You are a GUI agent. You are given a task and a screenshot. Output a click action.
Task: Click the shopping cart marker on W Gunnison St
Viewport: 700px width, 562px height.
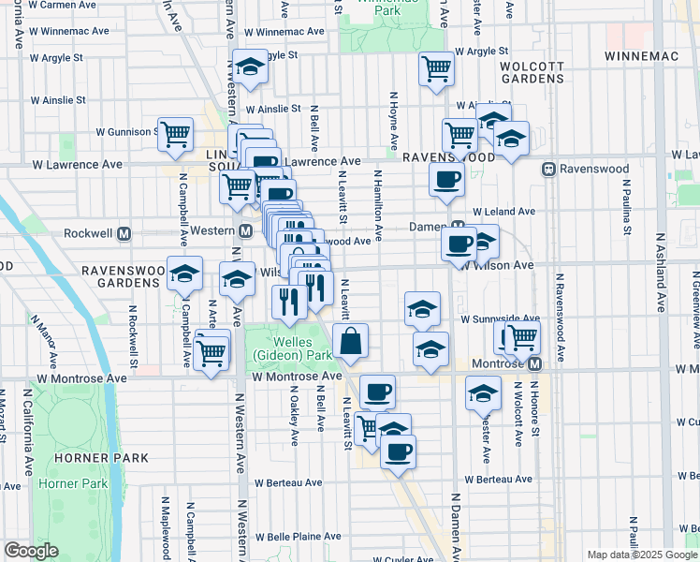tap(175, 134)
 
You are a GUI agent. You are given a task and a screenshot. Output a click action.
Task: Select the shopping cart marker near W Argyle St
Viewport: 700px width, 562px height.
tap(436, 67)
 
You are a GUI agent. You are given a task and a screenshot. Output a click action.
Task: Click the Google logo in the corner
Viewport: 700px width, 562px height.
tap(31, 552)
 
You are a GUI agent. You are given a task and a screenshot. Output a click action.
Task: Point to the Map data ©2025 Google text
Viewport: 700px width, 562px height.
tap(642, 555)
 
